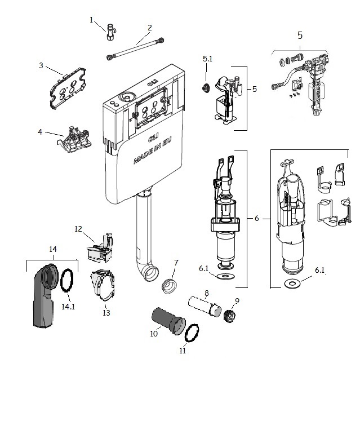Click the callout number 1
pyautogui.click(x=91, y=20)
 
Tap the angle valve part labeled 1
pyautogui.click(x=111, y=32)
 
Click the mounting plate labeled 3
pyautogui.click(x=68, y=88)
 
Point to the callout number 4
pyautogui.click(x=40, y=132)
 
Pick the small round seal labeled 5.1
pyautogui.click(x=206, y=88)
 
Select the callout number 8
pyautogui.click(x=206, y=293)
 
